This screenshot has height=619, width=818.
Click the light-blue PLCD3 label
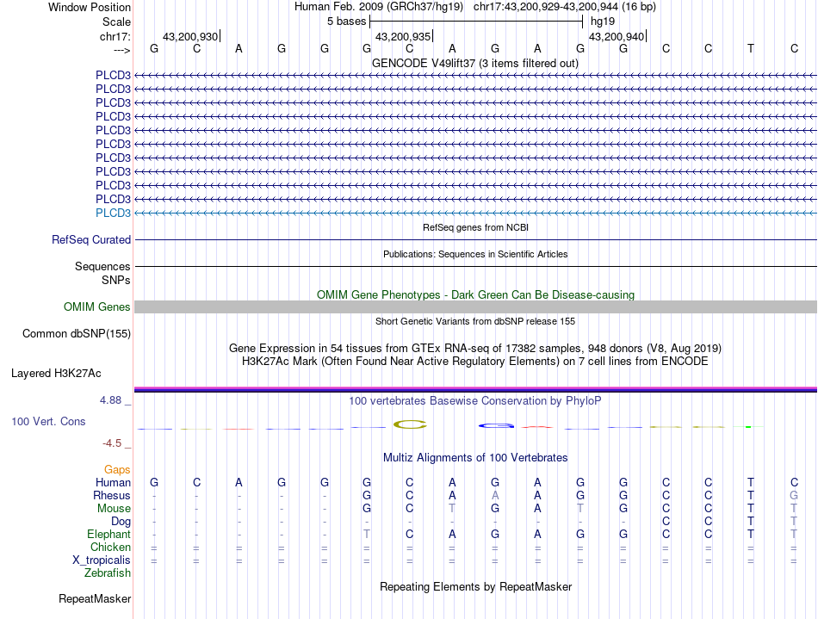click(113, 213)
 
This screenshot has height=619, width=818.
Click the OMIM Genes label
click(97, 307)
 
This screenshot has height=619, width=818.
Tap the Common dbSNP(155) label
click(77, 333)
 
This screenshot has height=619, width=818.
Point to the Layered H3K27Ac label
click(56, 374)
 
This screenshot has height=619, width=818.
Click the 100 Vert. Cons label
click(48, 422)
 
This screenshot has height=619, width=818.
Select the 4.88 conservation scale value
click(113, 400)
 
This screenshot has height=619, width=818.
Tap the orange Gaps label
click(117, 469)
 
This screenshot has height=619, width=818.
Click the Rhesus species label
click(112, 496)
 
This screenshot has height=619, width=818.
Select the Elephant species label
click(108, 535)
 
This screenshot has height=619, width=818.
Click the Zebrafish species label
click(107, 573)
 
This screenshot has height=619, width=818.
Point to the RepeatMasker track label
click(95, 598)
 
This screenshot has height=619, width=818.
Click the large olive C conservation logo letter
click(410, 424)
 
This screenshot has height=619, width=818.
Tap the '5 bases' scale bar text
click(346, 21)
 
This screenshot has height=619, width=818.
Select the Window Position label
click(90, 7)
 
